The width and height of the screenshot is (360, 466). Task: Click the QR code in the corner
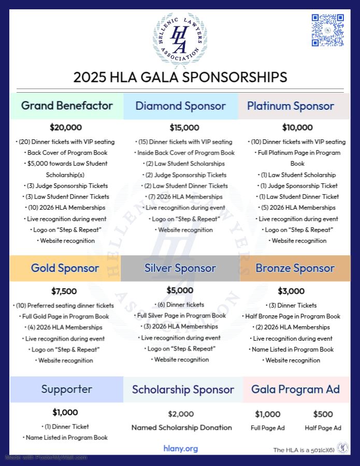(328, 30)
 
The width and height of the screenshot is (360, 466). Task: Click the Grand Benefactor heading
(67, 106)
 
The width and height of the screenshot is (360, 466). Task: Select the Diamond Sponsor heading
(180, 106)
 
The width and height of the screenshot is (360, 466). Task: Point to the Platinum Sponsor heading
(291, 106)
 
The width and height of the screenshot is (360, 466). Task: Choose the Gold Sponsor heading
(65, 268)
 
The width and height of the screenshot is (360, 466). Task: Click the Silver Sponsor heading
(180, 268)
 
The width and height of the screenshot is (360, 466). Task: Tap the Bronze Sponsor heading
(295, 268)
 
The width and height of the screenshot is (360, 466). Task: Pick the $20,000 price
(66, 127)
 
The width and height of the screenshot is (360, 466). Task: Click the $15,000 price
(184, 127)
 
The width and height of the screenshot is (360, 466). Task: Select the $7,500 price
(64, 292)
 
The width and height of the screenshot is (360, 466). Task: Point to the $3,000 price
(291, 291)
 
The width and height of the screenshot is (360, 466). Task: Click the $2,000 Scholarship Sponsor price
(181, 414)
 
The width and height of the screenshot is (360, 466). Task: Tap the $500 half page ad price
(323, 414)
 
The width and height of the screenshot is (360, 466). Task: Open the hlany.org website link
(181, 448)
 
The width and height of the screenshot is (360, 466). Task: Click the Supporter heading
(67, 389)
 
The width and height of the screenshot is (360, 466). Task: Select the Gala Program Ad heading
(295, 389)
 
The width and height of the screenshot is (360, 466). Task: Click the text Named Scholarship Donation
(181, 428)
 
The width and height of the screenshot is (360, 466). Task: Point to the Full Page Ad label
(268, 428)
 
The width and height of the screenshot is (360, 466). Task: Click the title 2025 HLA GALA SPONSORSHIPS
(180, 77)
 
